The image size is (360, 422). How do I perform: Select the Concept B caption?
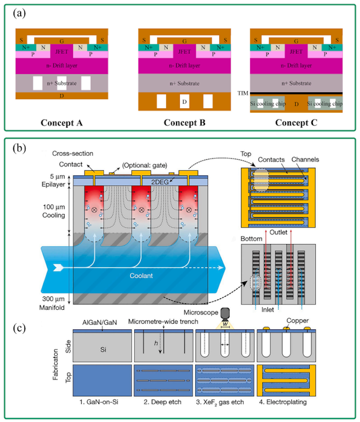(x=185, y=123)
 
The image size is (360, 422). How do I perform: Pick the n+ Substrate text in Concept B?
(x=185, y=83)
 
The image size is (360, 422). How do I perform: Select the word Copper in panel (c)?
(x=295, y=318)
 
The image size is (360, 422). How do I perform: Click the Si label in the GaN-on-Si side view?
(x=98, y=350)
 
